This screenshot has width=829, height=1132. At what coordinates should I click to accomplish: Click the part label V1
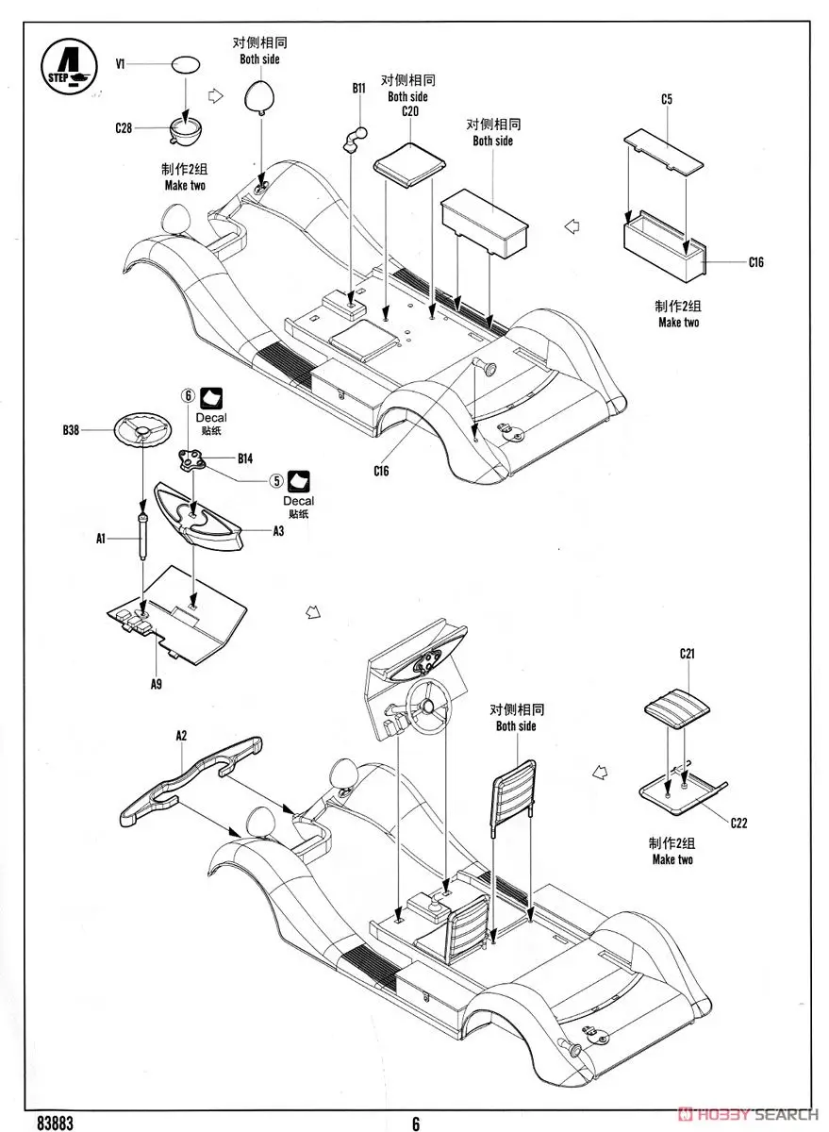(x=121, y=64)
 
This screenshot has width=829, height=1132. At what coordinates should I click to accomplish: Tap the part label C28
(x=123, y=127)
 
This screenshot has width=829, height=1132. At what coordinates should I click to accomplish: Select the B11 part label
(x=358, y=88)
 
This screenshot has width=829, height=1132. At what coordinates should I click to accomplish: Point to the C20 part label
(x=409, y=111)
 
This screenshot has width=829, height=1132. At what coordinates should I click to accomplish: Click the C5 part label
(x=666, y=98)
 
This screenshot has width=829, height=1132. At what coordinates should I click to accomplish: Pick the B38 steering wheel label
(x=71, y=430)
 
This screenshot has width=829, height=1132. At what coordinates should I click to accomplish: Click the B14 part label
(x=245, y=459)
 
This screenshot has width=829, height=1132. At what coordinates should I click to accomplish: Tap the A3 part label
(x=279, y=532)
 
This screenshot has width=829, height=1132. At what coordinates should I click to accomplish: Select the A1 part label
(x=100, y=539)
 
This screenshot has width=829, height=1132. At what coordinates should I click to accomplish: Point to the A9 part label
(x=157, y=685)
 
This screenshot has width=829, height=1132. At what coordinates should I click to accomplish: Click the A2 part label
(x=181, y=734)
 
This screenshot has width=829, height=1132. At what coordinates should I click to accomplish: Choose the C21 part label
(x=687, y=653)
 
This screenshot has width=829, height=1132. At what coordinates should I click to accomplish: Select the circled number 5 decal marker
(x=276, y=479)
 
